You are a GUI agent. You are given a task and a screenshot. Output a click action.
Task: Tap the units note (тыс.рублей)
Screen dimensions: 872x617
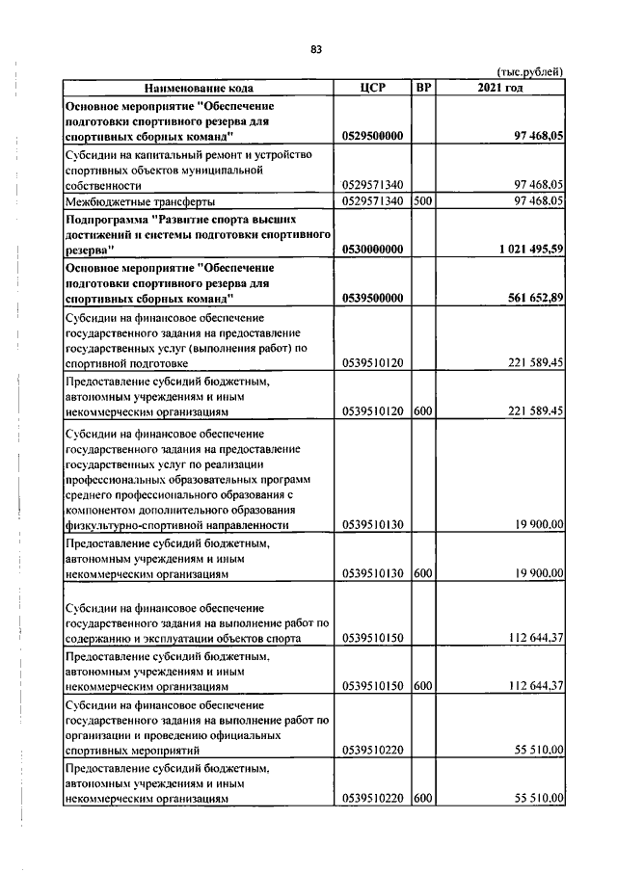pos(529,73)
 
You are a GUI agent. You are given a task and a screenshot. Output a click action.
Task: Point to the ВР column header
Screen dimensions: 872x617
pos(422,88)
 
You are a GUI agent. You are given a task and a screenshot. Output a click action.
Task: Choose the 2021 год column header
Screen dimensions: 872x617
pos(499,88)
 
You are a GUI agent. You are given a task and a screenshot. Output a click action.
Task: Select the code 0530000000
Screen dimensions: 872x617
pos(373,249)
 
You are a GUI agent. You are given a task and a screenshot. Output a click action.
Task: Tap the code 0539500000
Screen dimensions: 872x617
pos(373,299)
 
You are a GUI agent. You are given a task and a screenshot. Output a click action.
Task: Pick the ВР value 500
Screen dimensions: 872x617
pos(422,200)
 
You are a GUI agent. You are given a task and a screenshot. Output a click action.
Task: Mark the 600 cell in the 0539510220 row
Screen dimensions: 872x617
pos(422,799)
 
